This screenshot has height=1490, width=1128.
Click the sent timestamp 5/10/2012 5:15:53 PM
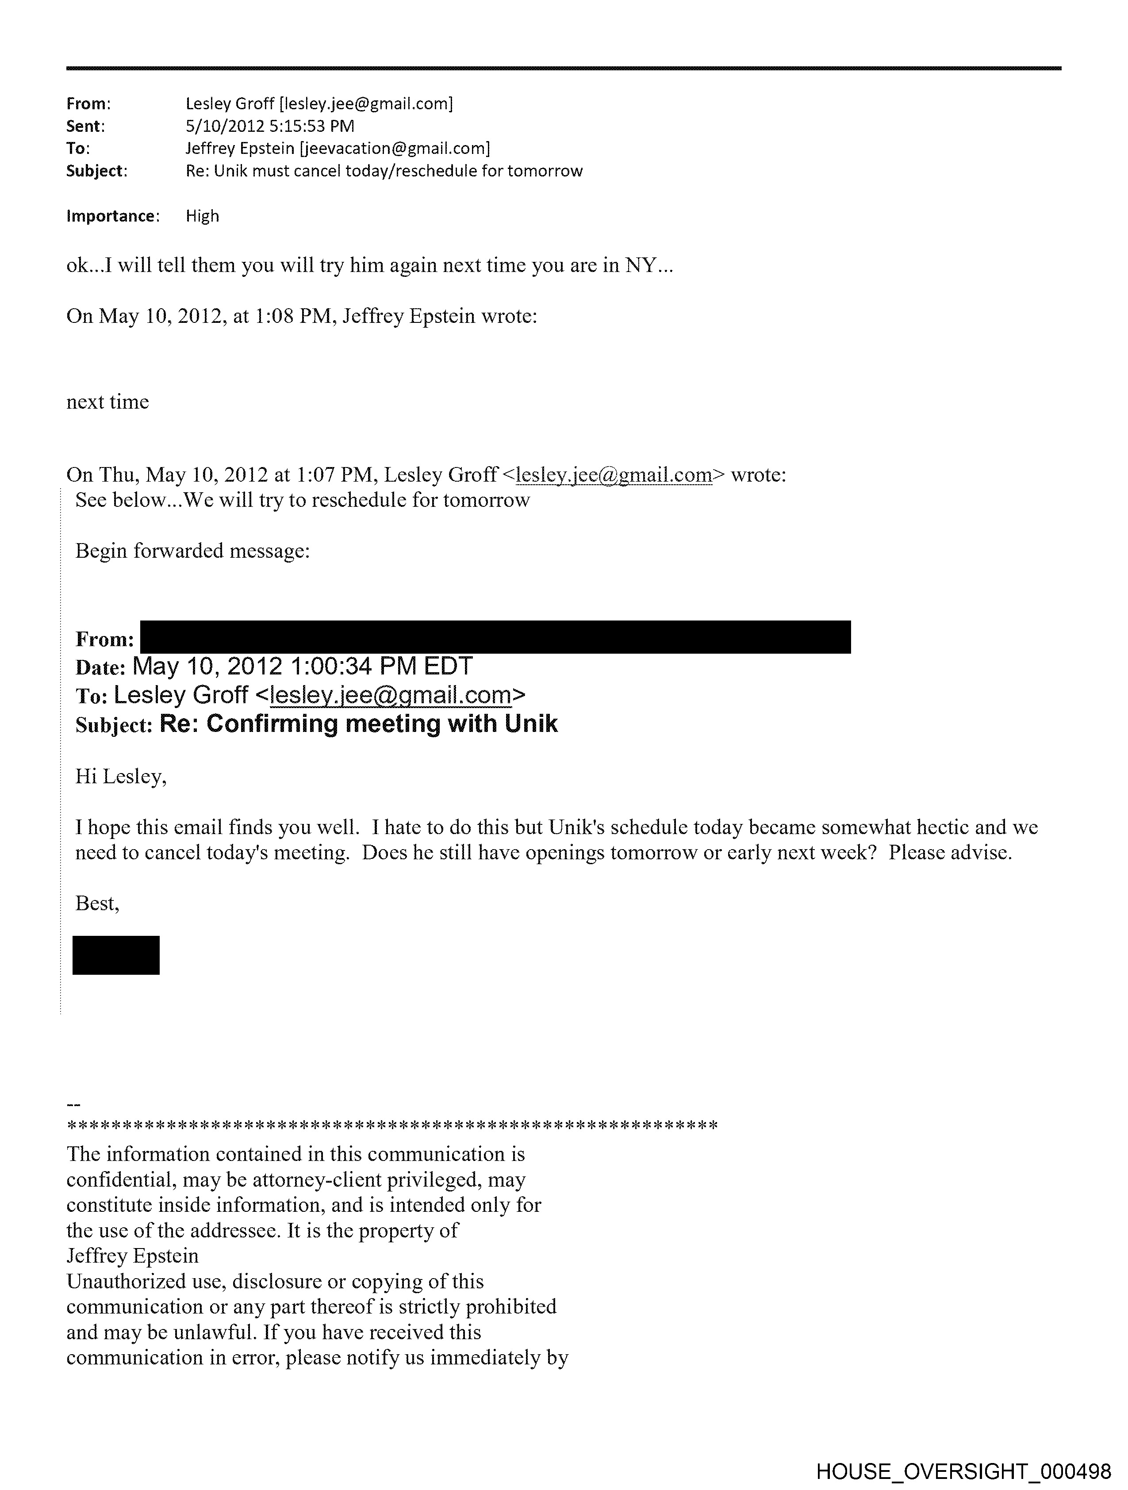click(269, 126)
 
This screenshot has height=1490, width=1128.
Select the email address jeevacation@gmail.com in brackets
click(394, 148)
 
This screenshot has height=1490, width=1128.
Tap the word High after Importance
click(202, 216)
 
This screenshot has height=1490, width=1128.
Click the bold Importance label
click(112, 216)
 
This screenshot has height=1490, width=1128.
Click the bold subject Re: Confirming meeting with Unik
click(358, 724)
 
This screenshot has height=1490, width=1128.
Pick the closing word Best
click(96, 903)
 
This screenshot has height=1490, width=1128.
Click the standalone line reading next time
click(108, 402)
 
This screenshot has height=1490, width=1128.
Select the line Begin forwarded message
click(193, 551)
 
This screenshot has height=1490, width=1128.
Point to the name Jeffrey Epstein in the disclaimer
click(133, 1256)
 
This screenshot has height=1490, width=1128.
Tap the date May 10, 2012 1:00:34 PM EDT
click(303, 666)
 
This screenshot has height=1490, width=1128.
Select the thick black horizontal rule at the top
click(563, 68)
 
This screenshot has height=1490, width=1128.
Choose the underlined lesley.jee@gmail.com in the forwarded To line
click(390, 694)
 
